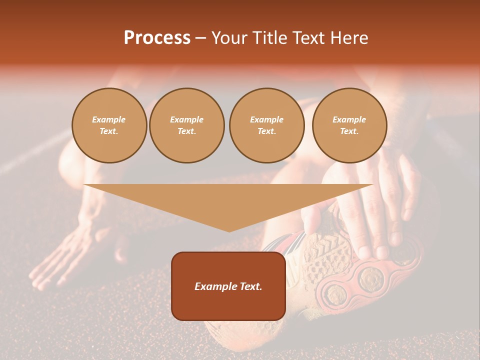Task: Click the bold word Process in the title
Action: [x=157, y=37]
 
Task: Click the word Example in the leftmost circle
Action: [x=109, y=119]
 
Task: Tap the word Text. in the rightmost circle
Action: [x=349, y=131]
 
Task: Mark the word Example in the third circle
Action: [x=266, y=119]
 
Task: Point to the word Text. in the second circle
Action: [x=187, y=131]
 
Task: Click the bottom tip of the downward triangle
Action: [x=229, y=231]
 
